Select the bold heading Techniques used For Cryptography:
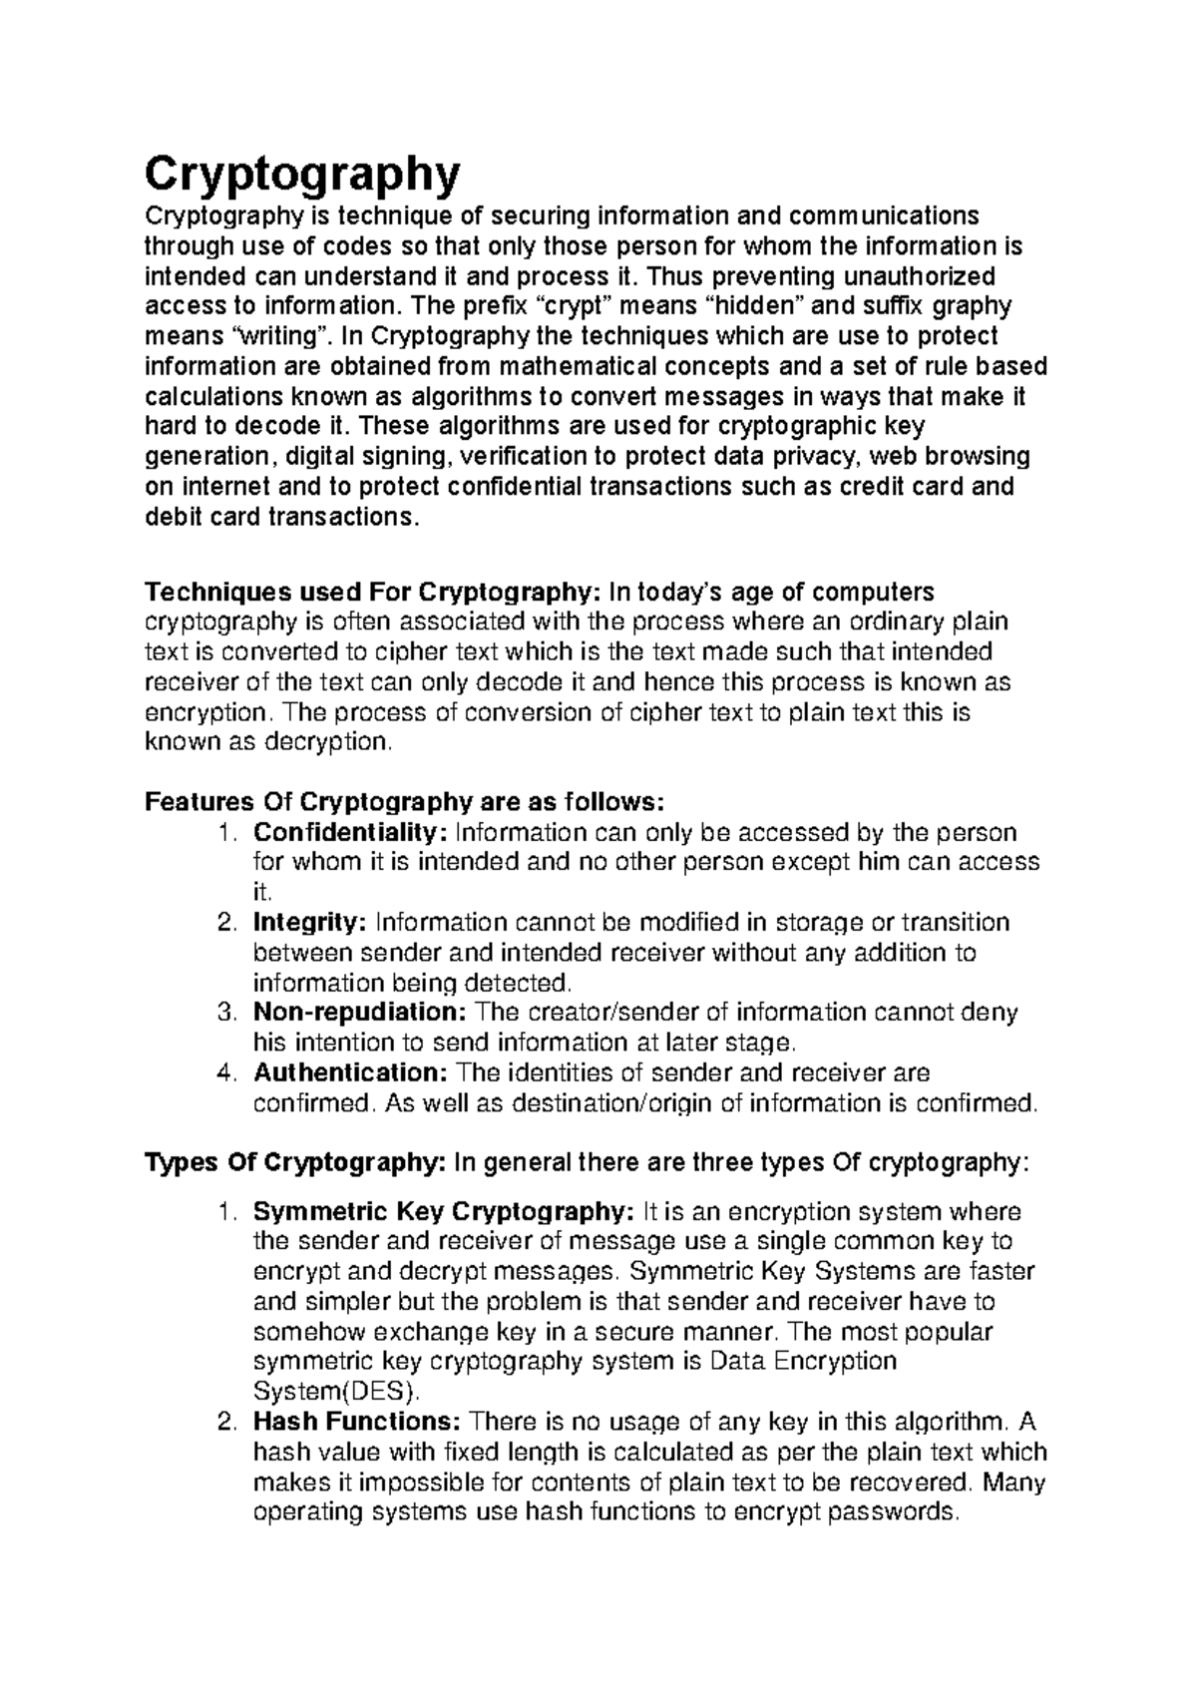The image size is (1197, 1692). (372, 593)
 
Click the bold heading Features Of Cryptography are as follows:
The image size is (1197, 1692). (403, 802)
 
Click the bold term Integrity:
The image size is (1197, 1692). (310, 922)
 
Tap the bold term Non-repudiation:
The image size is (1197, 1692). (360, 1013)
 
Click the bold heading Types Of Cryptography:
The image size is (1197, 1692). (295, 1163)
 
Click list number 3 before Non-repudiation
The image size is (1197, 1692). (225, 1014)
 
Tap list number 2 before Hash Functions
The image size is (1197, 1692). (225, 1423)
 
